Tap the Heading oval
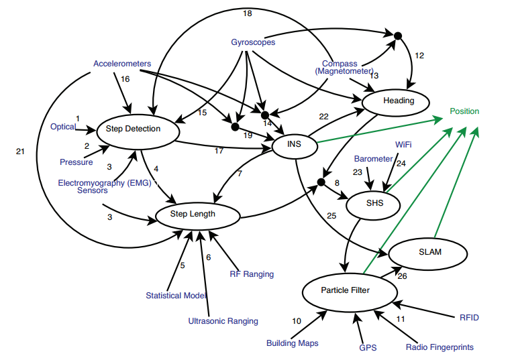click(399, 101)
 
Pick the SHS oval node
click(374, 202)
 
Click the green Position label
click(464, 111)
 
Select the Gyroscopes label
click(252, 43)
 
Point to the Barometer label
click(373, 159)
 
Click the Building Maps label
click(291, 343)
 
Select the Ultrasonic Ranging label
click(223, 321)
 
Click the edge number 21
click(19, 152)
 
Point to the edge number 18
click(246, 13)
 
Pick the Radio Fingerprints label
click(440, 347)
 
